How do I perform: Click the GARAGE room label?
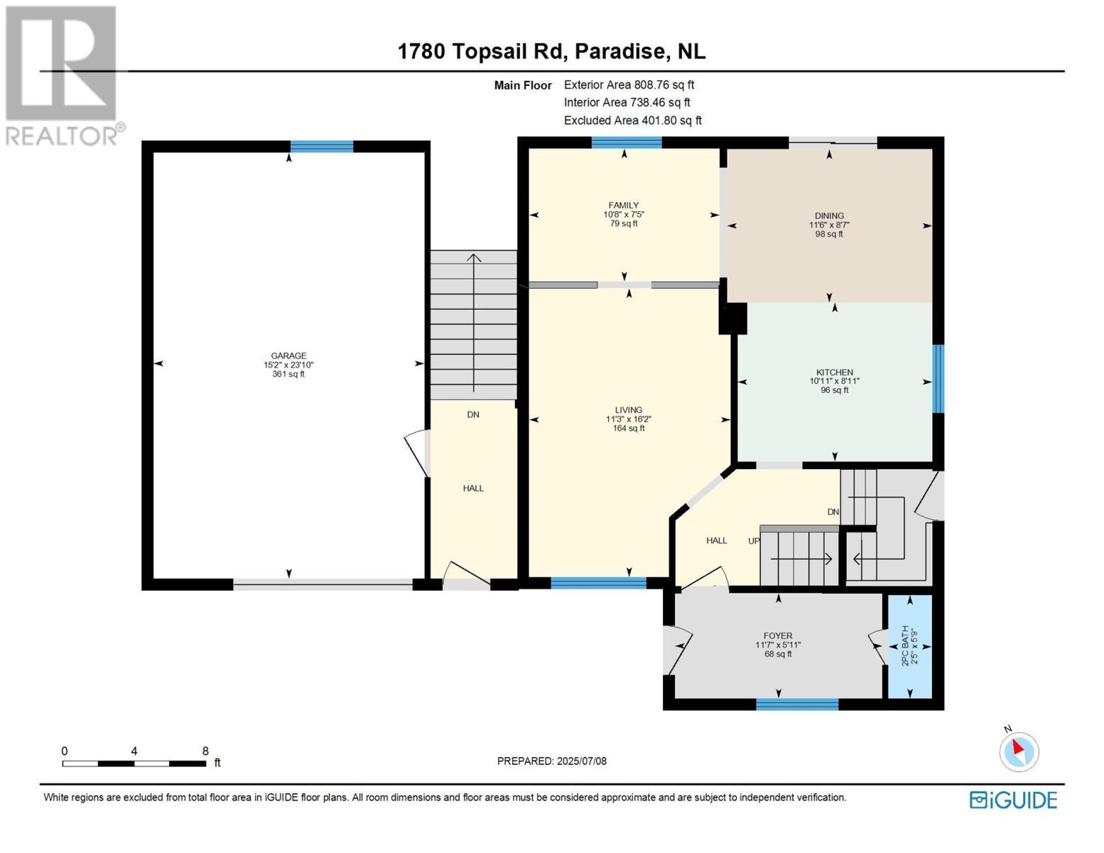click(x=288, y=356)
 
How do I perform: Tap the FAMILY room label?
click(x=623, y=205)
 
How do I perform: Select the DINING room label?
click(x=829, y=216)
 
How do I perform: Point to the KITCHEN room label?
click(x=834, y=372)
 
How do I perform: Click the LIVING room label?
click(x=628, y=410)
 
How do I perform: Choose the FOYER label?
click(x=778, y=636)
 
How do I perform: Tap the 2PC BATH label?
click(x=905, y=645)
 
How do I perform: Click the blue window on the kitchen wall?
click(x=938, y=378)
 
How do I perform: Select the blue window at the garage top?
click(x=321, y=146)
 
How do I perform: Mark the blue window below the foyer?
click(x=797, y=704)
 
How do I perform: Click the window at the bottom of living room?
click(x=598, y=584)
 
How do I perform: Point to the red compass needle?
click(x=1018, y=748)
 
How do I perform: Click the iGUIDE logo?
click(x=1013, y=800)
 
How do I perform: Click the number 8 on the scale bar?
click(x=205, y=751)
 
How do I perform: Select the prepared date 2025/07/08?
click(x=581, y=761)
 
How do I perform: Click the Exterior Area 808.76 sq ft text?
click(x=629, y=85)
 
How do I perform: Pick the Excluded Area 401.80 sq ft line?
click(x=632, y=121)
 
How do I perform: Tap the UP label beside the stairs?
click(x=754, y=541)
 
